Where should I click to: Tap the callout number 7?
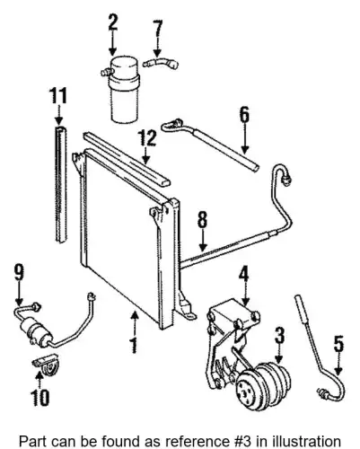[158, 29]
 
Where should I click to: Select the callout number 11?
[58, 96]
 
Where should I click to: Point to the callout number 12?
[146, 138]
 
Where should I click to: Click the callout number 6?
[244, 115]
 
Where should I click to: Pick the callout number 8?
[202, 220]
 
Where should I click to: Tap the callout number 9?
[19, 272]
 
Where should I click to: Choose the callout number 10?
[40, 397]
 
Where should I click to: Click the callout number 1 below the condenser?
[135, 345]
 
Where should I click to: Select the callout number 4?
[243, 276]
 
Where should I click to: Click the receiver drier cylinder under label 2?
[124, 89]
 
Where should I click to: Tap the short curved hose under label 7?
[161, 64]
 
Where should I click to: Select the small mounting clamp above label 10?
[46, 363]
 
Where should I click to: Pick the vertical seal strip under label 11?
[61, 183]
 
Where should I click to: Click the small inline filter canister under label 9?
[36, 331]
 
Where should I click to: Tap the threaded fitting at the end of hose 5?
[323, 393]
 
